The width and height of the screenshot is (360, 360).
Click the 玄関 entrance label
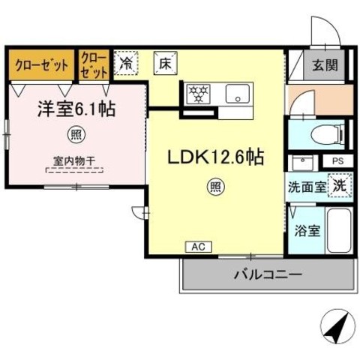click(325, 65)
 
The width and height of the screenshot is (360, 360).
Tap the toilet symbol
click(328, 135)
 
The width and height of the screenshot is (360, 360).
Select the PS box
click(338, 161)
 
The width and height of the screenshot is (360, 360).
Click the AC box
click(199, 247)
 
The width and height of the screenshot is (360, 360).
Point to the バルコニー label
click(268, 274)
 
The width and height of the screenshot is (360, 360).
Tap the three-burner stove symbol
click(199, 94)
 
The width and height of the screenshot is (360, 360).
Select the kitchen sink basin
click(238, 94)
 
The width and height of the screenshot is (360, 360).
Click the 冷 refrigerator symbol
click(126, 63)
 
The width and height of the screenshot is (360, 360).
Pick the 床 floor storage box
click(166, 63)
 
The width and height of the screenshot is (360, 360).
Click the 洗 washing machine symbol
click(340, 185)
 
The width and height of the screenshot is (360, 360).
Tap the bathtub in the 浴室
click(339, 231)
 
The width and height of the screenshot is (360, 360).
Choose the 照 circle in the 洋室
click(76, 135)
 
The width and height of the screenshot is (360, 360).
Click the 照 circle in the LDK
click(216, 187)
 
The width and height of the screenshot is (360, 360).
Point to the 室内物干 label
click(74, 161)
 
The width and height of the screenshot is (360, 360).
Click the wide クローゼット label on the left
click(41, 65)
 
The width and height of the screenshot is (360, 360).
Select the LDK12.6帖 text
click(216, 157)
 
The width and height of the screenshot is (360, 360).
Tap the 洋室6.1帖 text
click(76, 109)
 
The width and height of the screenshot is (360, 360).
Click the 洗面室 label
click(307, 187)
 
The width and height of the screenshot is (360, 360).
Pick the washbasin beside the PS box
click(302, 163)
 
